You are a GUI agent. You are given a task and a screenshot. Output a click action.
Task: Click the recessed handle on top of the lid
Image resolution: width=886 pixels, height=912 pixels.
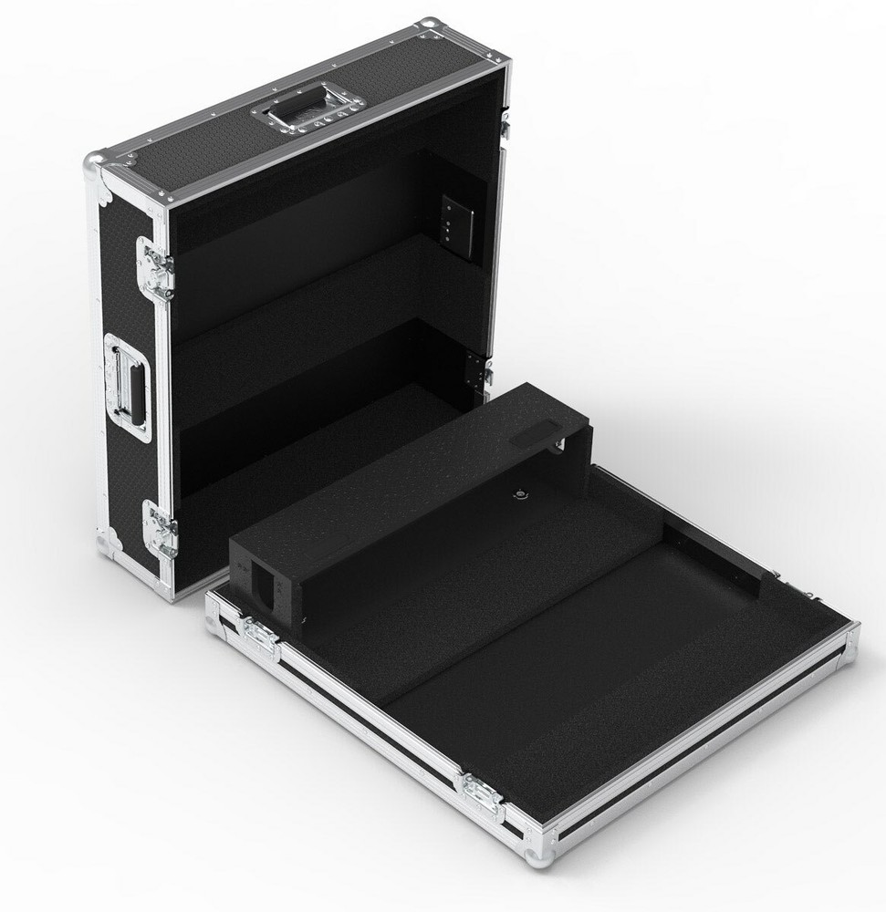(307, 108)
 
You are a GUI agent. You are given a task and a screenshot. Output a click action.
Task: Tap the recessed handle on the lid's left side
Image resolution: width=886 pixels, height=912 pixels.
(129, 387)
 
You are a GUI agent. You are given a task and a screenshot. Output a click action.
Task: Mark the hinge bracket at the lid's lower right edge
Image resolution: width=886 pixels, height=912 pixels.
(477, 370)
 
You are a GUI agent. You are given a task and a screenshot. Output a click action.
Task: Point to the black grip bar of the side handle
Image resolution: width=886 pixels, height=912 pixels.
(136, 387)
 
